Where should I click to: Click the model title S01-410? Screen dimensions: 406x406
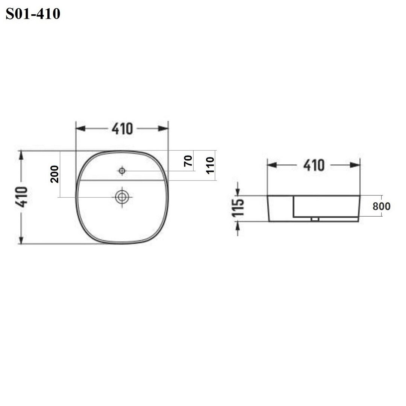point(33,14)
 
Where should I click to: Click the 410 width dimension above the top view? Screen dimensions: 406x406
point(122,129)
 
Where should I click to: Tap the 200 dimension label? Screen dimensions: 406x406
point(55,174)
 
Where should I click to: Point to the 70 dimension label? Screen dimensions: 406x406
point(188,161)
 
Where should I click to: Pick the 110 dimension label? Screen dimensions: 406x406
point(210,165)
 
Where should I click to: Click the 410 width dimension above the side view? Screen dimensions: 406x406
point(314,165)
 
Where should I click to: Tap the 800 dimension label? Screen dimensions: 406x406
point(382,206)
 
